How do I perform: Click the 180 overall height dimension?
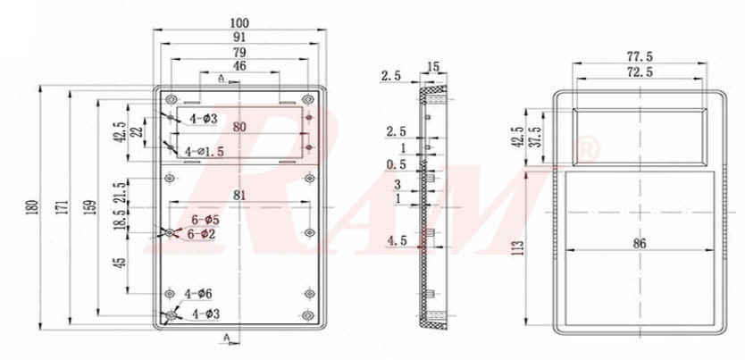click(x=34, y=207)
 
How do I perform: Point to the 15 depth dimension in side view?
click(x=434, y=66)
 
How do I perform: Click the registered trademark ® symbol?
click(x=587, y=150)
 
